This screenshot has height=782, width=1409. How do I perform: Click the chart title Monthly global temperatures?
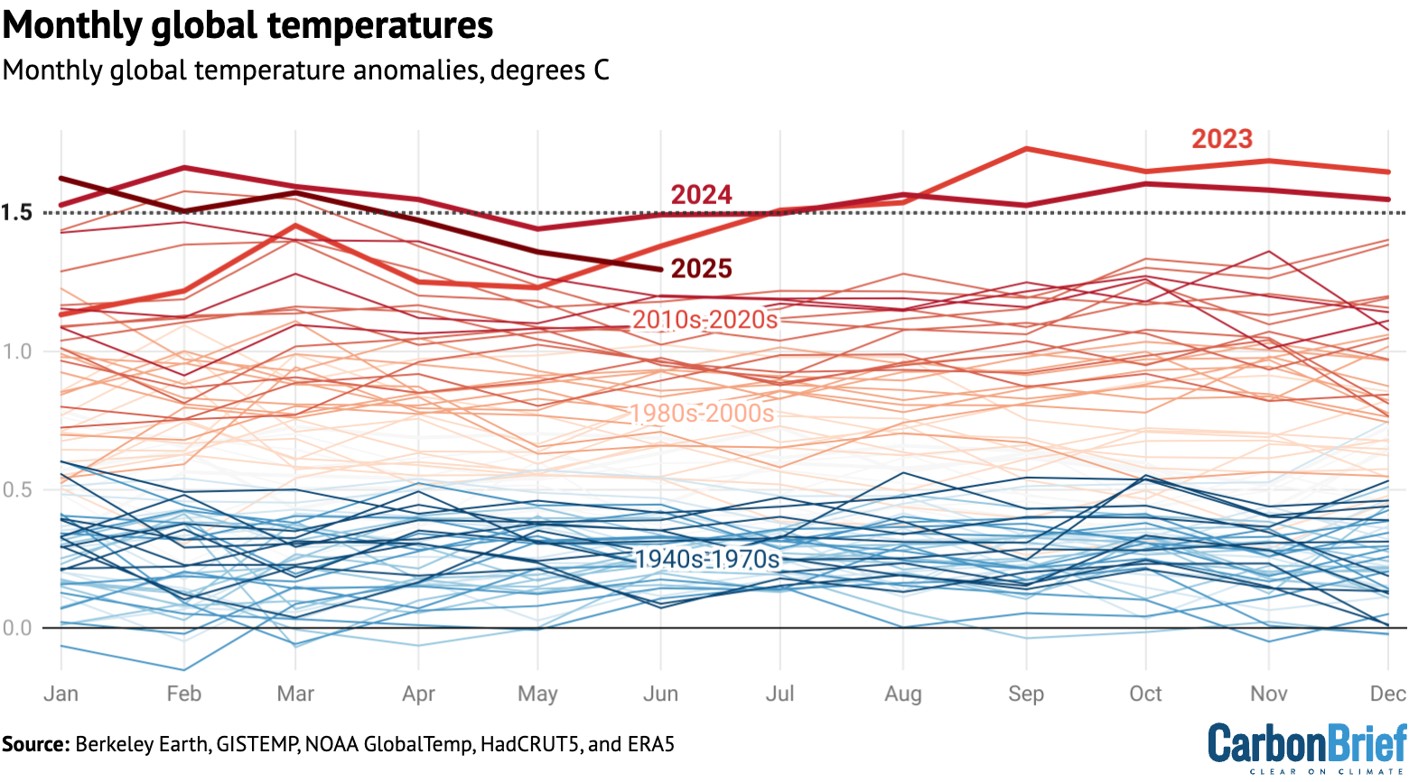tap(247, 25)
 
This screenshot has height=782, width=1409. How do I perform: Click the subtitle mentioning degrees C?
tap(305, 70)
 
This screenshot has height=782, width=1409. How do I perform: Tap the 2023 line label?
tap(1221, 139)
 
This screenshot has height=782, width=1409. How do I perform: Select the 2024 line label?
tap(701, 195)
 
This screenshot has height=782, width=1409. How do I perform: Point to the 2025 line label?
tap(701, 268)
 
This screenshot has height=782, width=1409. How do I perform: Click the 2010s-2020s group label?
tap(704, 320)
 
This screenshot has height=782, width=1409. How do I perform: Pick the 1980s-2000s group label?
tap(702, 414)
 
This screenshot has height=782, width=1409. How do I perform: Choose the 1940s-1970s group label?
tap(707, 560)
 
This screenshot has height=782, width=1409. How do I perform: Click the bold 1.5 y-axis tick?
tap(16, 213)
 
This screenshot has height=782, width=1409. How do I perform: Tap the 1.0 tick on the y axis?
tap(16, 351)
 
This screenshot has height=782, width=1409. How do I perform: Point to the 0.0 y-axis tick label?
tap(16, 628)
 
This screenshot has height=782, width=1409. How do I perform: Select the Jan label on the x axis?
tap(61, 694)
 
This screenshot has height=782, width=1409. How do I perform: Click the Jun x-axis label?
tap(660, 694)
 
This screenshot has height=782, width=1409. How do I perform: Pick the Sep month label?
tap(1025, 694)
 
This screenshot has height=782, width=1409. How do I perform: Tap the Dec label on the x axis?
tap(1387, 694)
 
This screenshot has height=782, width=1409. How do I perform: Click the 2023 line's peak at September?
tap(1027, 148)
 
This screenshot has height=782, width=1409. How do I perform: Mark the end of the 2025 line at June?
tap(661, 269)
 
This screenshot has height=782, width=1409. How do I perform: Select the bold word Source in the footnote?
tap(35, 745)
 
